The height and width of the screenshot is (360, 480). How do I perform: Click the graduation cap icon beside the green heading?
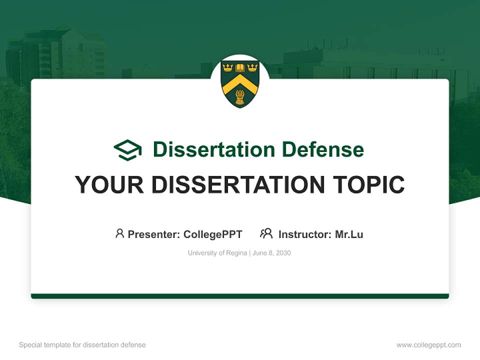click(127, 150)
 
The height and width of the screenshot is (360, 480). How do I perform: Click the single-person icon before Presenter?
click(119, 233)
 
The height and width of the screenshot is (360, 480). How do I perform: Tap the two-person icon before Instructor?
click(266, 233)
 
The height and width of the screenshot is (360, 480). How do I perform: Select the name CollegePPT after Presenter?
click(213, 234)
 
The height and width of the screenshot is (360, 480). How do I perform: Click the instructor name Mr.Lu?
click(349, 234)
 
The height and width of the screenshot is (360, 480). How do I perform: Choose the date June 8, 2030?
click(271, 253)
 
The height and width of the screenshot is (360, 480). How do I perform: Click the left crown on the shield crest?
click(228, 67)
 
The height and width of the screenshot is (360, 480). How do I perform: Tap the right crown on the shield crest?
click(252, 67)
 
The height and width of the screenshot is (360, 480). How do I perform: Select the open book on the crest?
click(240, 67)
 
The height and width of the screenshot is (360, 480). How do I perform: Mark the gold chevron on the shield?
click(240, 82)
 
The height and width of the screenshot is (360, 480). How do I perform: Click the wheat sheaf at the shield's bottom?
click(240, 97)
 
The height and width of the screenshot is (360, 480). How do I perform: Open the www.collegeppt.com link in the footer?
click(428, 345)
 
